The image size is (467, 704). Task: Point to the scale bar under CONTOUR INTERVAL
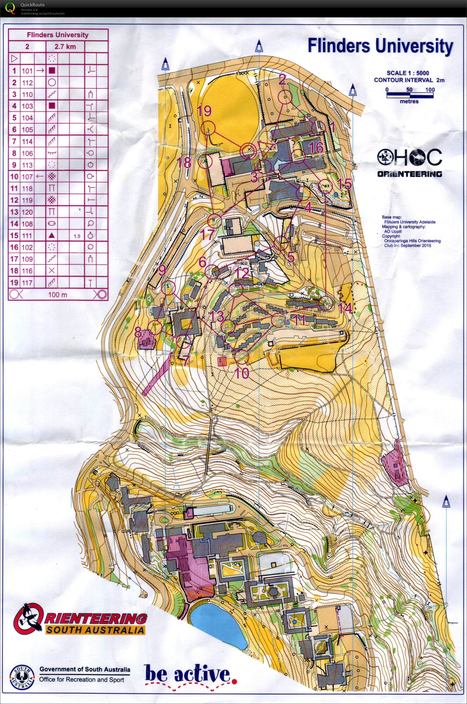[410, 95]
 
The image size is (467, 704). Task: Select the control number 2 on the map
[282, 80]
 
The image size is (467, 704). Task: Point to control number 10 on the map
[242, 373]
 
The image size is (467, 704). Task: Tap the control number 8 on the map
[138, 332]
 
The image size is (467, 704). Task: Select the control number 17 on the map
[207, 234]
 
